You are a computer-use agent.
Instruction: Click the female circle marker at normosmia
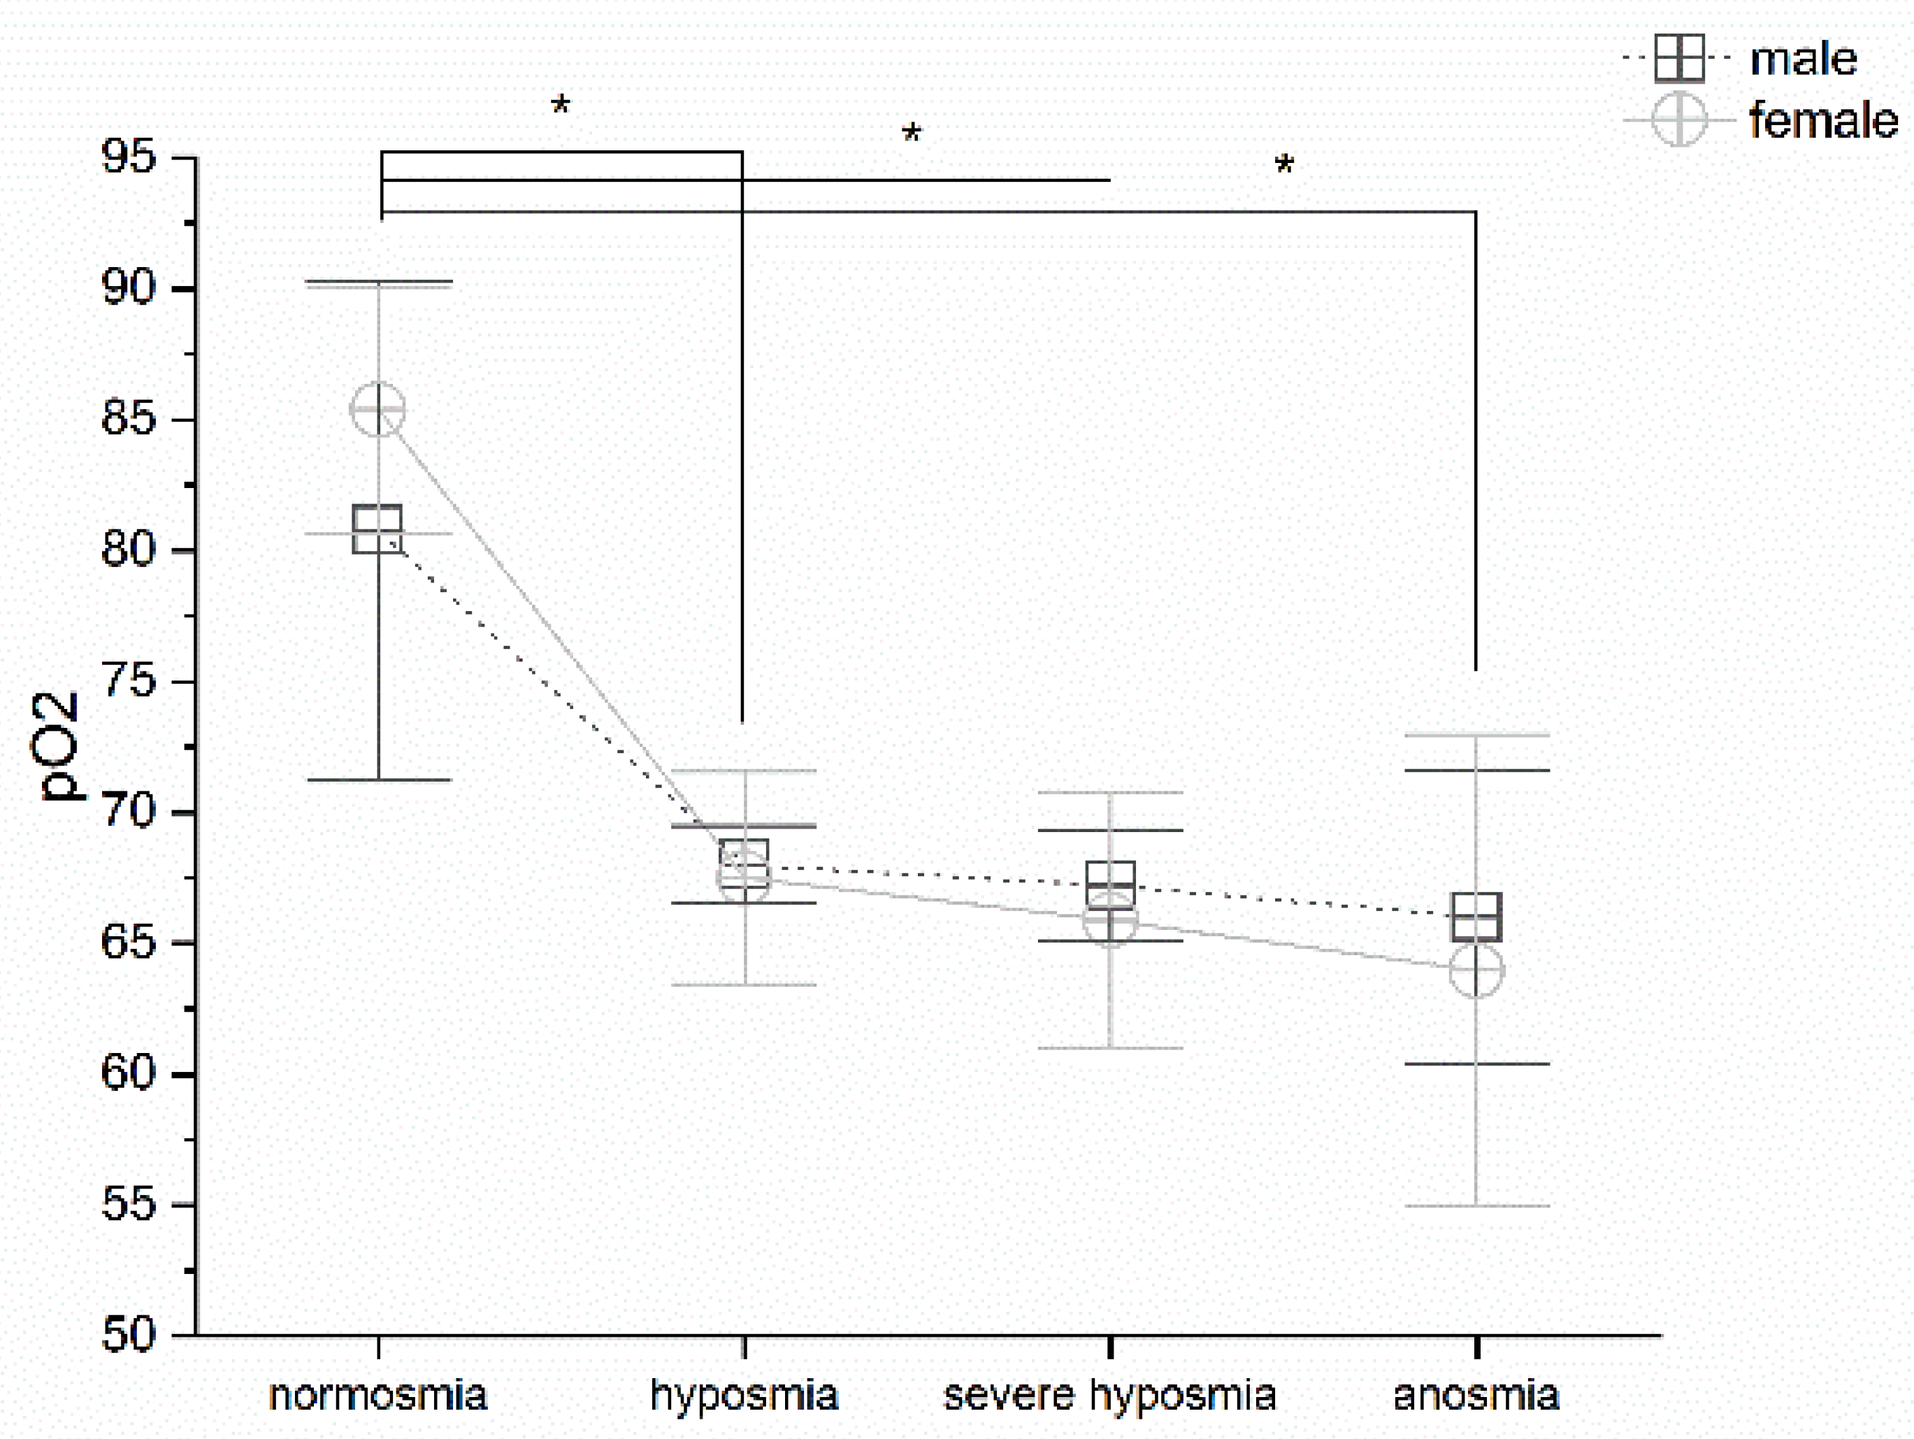click(378, 408)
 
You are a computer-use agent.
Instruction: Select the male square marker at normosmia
click(378, 529)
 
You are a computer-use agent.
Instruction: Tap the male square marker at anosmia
click(1476, 917)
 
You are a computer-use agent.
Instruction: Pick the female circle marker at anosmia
click(1476, 970)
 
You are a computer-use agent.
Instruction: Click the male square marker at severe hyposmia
click(1110, 885)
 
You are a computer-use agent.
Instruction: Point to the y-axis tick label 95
click(129, 157)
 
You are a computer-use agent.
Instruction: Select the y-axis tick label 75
click(129, 681)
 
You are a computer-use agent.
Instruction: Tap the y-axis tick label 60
click(129, 1073)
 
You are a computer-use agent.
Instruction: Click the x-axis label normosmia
click(378, 1395)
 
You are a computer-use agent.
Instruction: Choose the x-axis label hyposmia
click(744, 1395)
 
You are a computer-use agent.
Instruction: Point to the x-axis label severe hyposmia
click(1110, 1395)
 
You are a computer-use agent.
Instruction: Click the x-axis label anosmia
click(1476, 1395)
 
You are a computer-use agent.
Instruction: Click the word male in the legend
click(1804, 59)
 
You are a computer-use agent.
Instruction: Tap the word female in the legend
click(1823, 120)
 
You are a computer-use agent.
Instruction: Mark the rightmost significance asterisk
click(1284, 165)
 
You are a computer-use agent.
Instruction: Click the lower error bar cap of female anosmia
click(1476, 1205)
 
